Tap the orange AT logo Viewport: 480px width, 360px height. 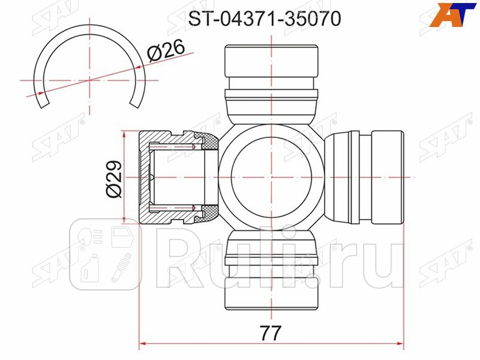[454, 13]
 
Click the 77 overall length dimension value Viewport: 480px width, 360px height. [271, 332]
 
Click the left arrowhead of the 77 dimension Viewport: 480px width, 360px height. [144, 344]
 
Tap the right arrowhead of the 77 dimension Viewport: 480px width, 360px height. [400, 344]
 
